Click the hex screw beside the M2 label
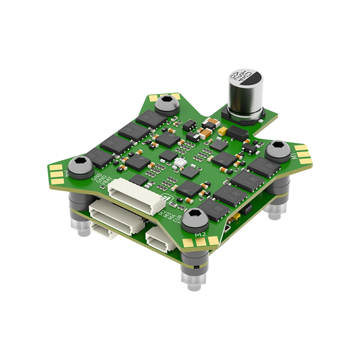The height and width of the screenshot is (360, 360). [197, 218]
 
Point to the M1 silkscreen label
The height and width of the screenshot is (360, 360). [295, 157]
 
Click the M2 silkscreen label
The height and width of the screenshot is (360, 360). [201, 234]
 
